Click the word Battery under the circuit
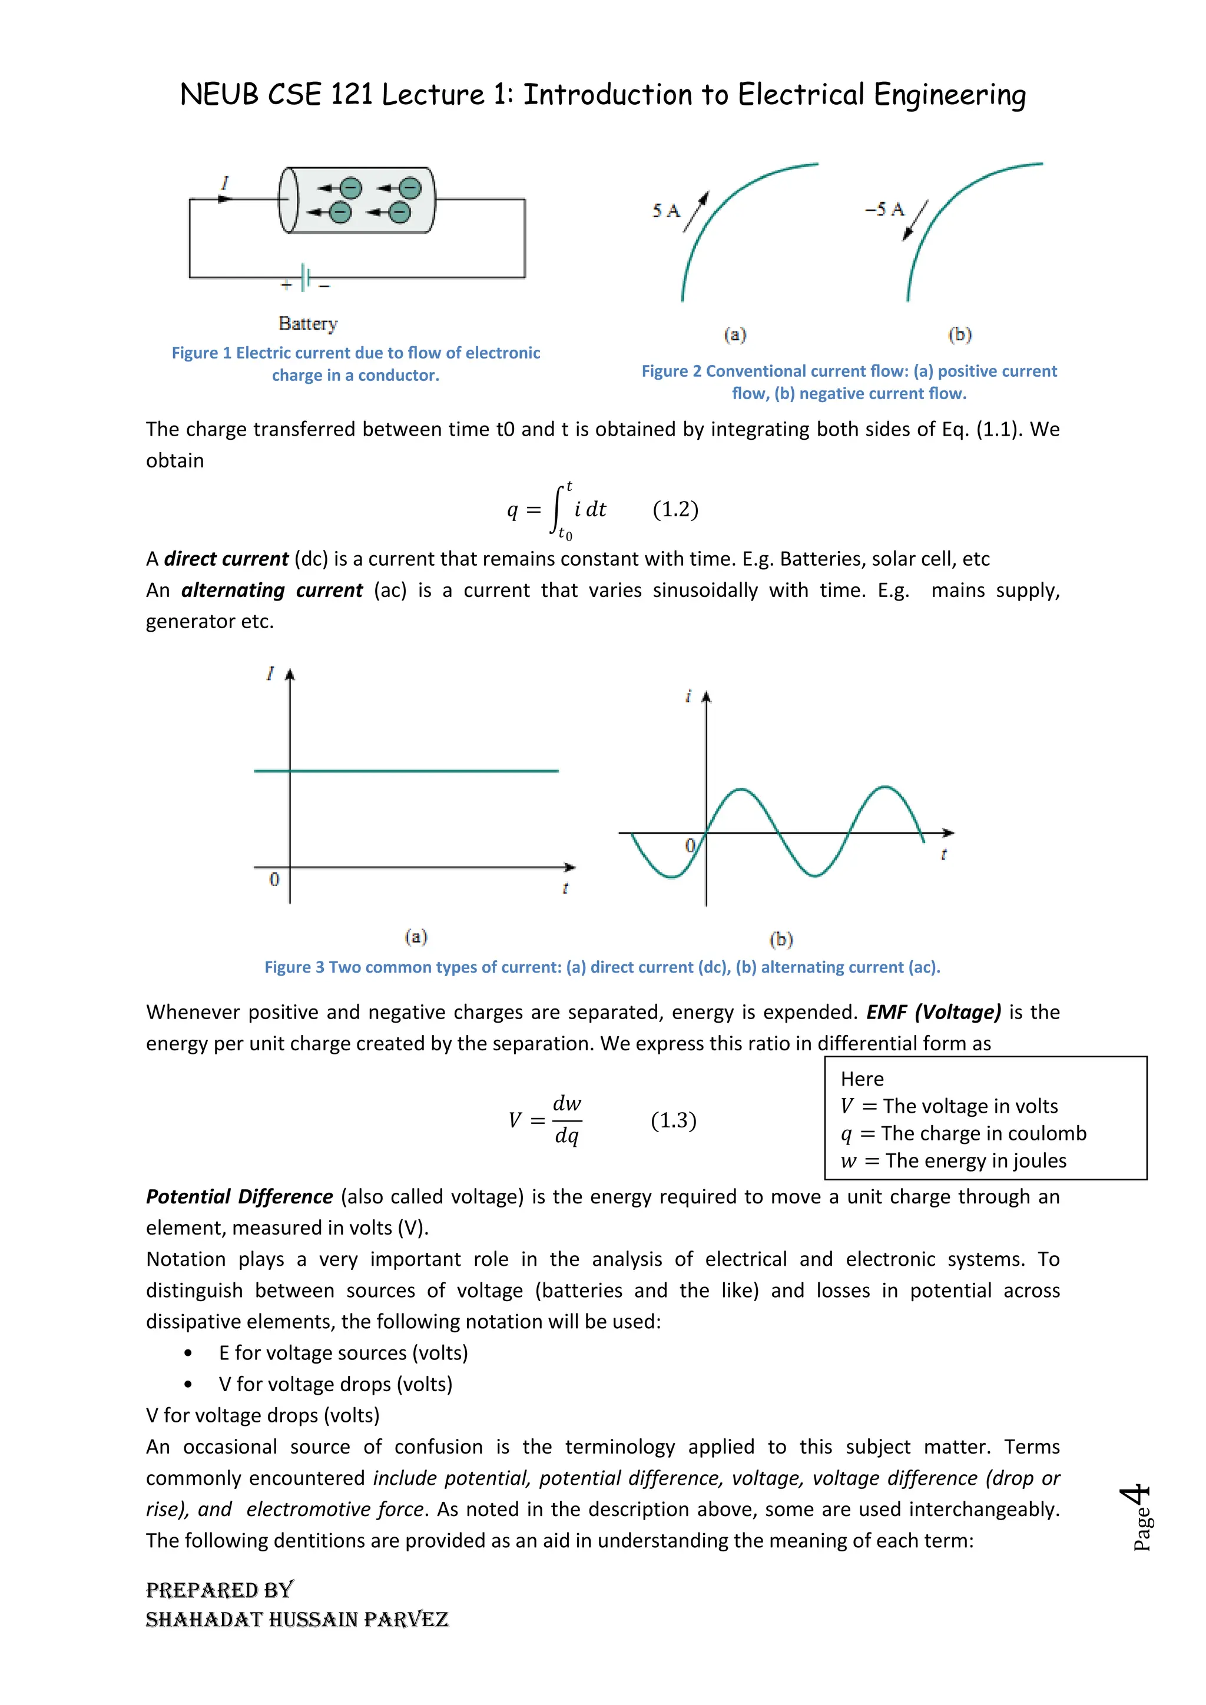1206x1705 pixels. click(308, 323)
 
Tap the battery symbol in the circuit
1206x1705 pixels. click(304, 278)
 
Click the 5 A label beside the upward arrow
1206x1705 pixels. click(666, 211)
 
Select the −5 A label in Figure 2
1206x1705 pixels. click(884, 210)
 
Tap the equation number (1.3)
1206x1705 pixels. click(674, 1120)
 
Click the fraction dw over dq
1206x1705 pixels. click(567, 1120)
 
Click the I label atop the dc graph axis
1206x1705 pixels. click(270, 674)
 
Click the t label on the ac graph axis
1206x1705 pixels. click(944, 855)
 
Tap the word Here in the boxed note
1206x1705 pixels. click(862, 1079)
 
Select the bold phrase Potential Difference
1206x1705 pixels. click(239, 1196)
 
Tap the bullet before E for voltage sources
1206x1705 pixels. click(188, 1353)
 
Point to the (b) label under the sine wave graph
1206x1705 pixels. click(780, 940)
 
